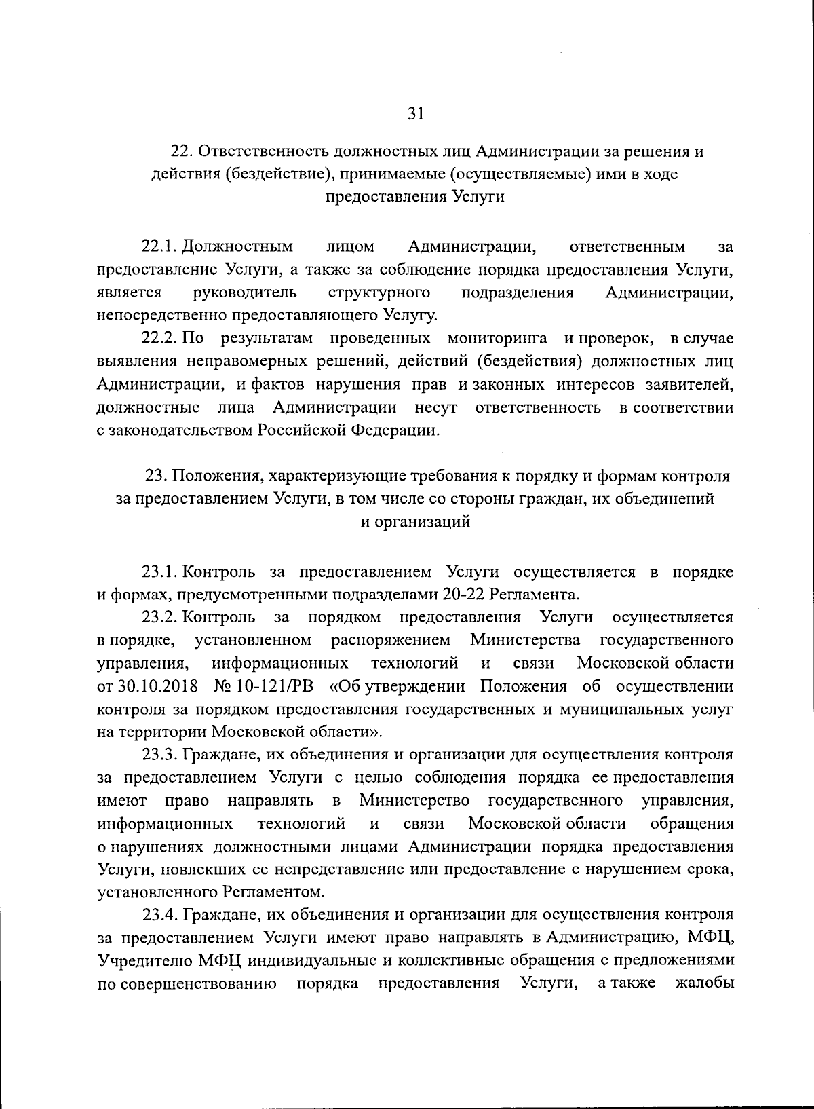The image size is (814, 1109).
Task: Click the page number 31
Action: (415, 114)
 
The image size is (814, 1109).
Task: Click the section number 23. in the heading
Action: (157, 477)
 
